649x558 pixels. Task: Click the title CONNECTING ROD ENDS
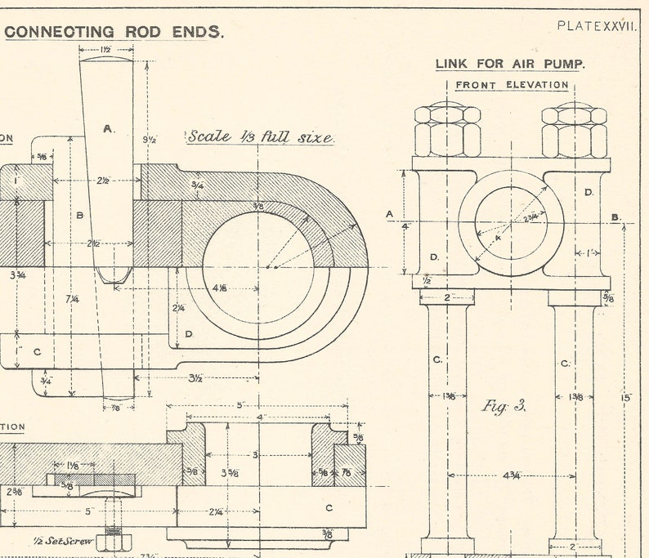(x=114, y=33)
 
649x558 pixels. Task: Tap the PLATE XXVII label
(x=596, y=25)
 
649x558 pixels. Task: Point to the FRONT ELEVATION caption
(x=512, y=84)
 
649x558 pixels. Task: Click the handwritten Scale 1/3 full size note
(x=261, y=136)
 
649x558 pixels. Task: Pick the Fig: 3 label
(x=504, y=405)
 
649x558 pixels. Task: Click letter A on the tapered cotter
(x=107, y=128)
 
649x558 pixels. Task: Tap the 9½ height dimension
(x=148, y=140)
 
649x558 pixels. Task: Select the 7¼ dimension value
(x=73, y=300)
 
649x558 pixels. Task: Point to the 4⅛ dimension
(x=219, y=288)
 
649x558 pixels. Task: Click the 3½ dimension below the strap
(x=195, y=378)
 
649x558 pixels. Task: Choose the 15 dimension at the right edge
(x=626, y=398)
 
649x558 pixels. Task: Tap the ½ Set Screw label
(x=61, y=541)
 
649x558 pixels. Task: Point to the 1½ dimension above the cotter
(x=106, y=50)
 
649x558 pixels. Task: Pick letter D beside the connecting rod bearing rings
(x=189, y=334)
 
